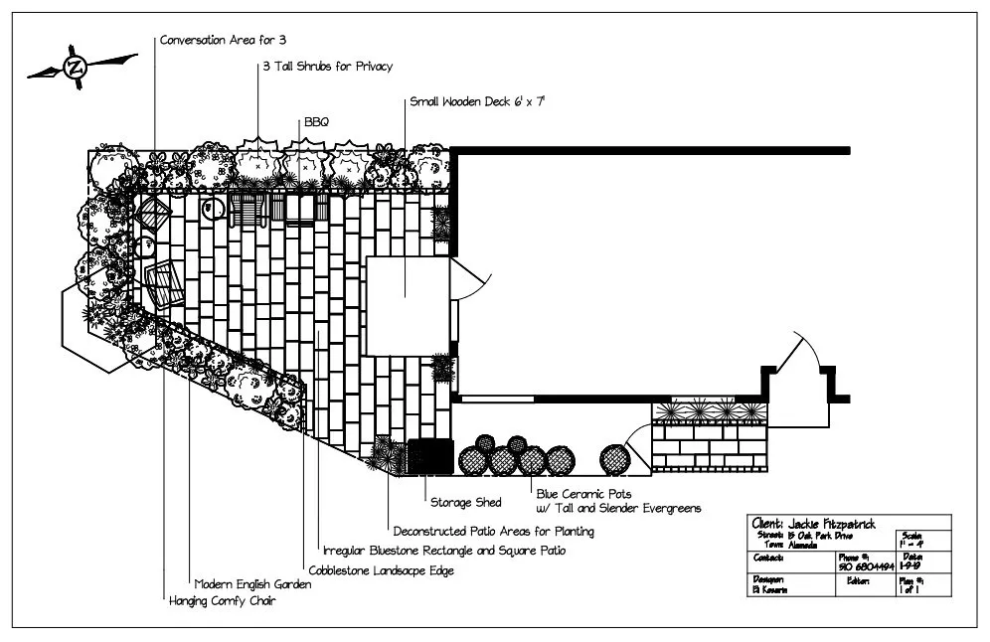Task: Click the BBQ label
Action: [x=316, y=121]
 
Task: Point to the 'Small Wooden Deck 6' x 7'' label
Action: [x=478, y=101]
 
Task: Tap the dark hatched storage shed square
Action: [x=429, y=456]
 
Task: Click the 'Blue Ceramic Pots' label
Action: [x=583, y=493]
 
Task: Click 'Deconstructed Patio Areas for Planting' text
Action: [x=494, y=531]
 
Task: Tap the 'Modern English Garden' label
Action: [x=252, y=585]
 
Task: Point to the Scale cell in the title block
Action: [x=921, y=539]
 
